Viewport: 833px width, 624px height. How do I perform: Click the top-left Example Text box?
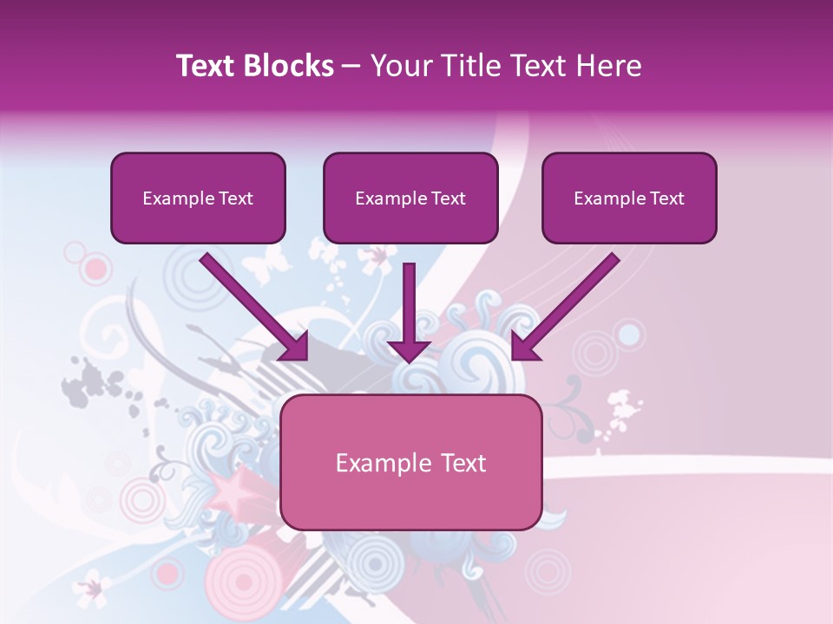tap(198, 198)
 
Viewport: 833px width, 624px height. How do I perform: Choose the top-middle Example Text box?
tap(410, 198)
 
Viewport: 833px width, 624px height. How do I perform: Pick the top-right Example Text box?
tap(629, 198)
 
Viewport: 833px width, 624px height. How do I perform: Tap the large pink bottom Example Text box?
tap(410, 462)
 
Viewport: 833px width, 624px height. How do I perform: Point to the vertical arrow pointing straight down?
tap(409, 312)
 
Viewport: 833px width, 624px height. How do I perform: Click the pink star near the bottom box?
tap(231, 493)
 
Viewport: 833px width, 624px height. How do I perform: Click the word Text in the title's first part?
tap(206, 66)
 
